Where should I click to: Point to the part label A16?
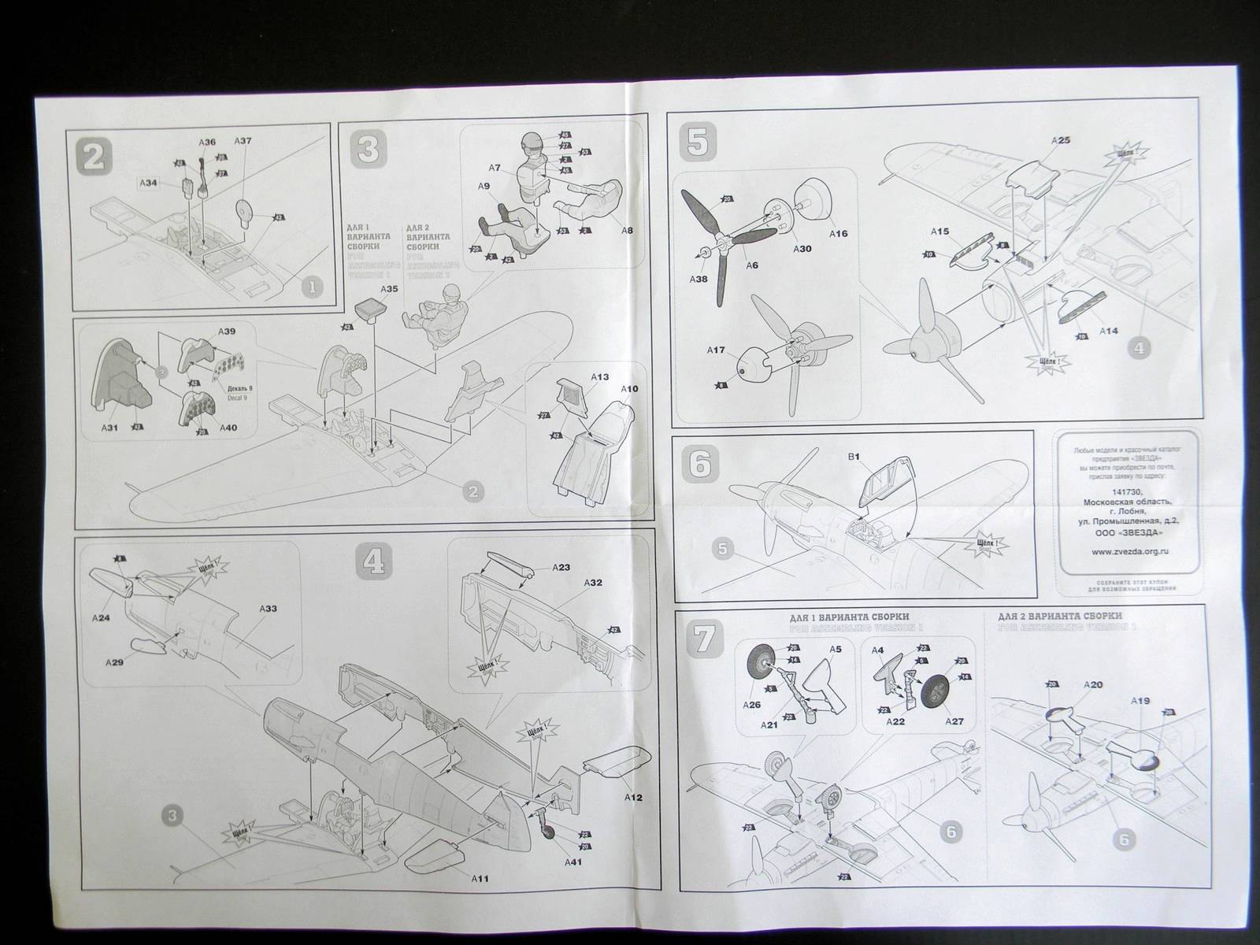click(839, 233)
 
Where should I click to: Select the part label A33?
click(269, 609)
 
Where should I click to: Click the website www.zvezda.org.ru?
click(1128, 552)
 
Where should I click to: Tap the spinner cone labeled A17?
click(752, 363)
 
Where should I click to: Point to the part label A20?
click(1092, 685)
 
